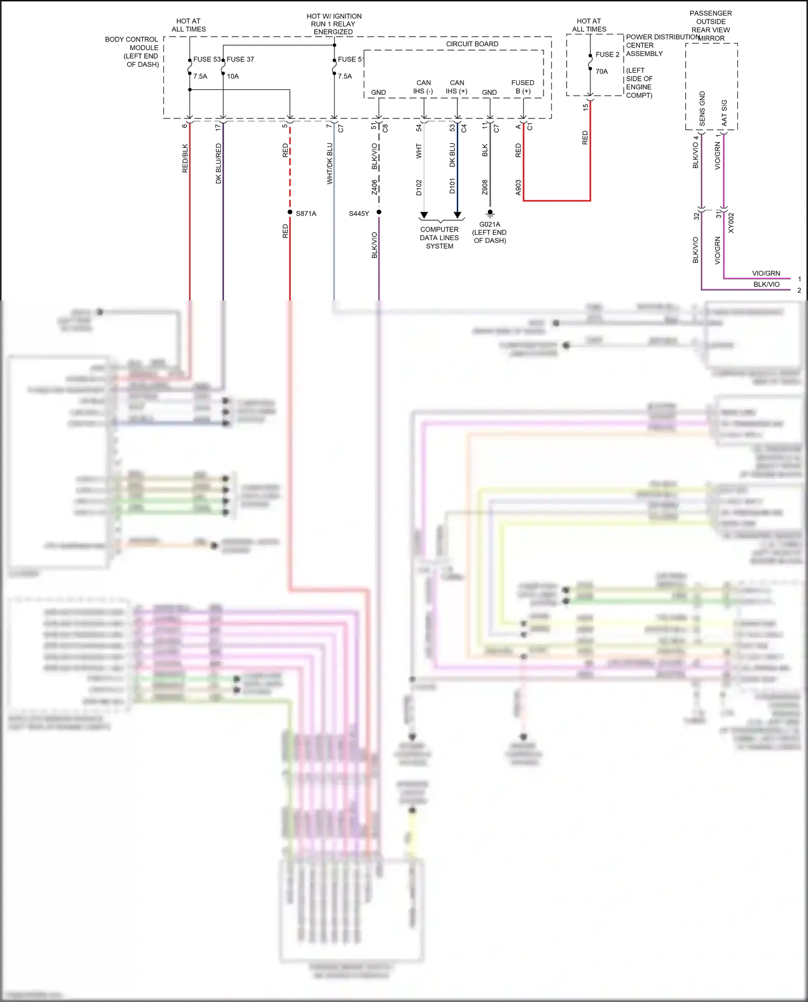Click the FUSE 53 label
(x=207, y=59)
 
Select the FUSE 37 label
(x=240, y=59)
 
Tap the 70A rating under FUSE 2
(x=602, y=72)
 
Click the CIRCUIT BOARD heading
(x=472, y=44)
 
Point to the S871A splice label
(x=306, y=214)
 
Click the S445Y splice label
(x=359, y=214)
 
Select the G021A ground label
(x=490, y=225)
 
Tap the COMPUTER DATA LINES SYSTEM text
(x=440, y=237)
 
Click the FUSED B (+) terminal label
(x=523, y=87)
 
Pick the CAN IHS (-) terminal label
(x=423, y=87)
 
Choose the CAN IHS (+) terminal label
(x=457, y=87)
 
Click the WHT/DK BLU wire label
(x=330, y=163)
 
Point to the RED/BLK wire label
(x=185, y=158)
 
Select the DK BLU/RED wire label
(x=219, y=163)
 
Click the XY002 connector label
(x=731, y=223)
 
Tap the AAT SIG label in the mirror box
(x=725, y=113)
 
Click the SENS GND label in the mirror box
(x=702, y=109)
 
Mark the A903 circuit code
(x=518, y=187)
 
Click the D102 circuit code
(x=419, y=187)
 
